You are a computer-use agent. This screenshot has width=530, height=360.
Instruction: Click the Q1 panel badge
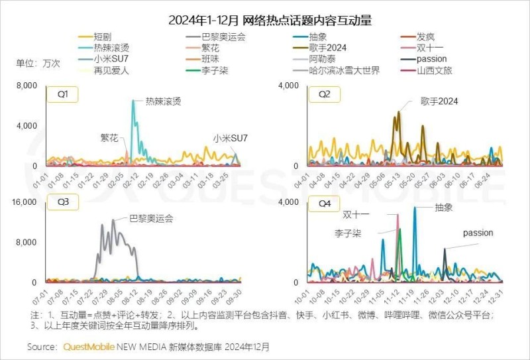tap(62, 94)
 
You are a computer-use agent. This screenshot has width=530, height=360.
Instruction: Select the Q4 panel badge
tap(324, 204)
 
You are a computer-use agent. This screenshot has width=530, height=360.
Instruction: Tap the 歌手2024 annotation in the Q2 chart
tap(439, 101)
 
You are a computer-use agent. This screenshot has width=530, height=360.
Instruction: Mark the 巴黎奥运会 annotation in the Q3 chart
tap(150, 218)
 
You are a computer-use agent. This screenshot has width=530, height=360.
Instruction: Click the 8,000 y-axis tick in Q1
tap(28, 87)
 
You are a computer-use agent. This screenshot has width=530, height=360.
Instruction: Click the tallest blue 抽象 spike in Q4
tap(415, 208)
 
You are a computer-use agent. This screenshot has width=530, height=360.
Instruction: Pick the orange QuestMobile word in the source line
tap(89, 347)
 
